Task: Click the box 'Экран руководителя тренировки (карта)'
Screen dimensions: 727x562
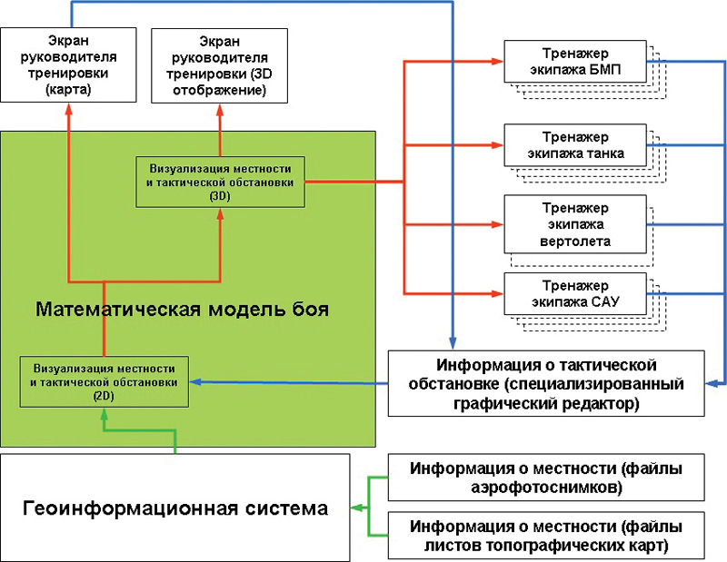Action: pyautogui.click(x=68, y=64)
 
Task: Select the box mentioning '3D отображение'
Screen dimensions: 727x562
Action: pyautogui.click(x=219, y=65)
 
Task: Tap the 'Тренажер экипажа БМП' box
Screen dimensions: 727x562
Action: pyautogui.click(x=575, y=62)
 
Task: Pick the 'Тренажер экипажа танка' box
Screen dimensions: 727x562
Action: pyautogui.click(x=575, y=145)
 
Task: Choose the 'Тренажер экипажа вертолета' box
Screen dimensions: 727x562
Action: pyautogui.click(x=575, y=224)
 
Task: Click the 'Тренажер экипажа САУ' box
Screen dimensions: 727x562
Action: pyautogui.click(x=575, y=294)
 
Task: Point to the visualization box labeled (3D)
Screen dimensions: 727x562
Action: pyautogui.click(x=220, y=182)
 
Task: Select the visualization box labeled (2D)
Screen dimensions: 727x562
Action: pyautogui.click(x=104, y=381)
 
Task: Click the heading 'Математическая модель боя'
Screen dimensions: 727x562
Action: pyautogui.click(x=183, y=309)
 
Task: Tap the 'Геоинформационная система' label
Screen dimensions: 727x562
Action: pyautogui.click(x=175, y=508)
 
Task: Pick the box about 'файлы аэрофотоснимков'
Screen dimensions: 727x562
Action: pyautogui.click(x=546, y=478)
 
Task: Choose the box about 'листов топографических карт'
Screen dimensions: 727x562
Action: pyautogui.click(x=546, y=535)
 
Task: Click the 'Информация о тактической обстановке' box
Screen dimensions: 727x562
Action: pyautogui.click(x=546, y=383)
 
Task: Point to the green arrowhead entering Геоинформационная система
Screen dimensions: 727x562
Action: pyautogui.click(x=356, y=508)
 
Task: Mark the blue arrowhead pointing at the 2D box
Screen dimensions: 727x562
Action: pyautogui.click(x=195, y=381)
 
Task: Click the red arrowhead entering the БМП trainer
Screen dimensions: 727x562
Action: pyautogui.click(x=498, y=61)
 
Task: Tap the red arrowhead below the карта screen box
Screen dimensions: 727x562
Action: pyautogui.click(x=69, y=109)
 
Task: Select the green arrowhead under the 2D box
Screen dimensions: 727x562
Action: pyautogui.click(x=104, y=414)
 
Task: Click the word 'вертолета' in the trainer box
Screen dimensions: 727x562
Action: pyautogui.click(x=575, y=242)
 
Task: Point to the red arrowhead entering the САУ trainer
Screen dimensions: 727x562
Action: pyautogui.click(x=498, y=294)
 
